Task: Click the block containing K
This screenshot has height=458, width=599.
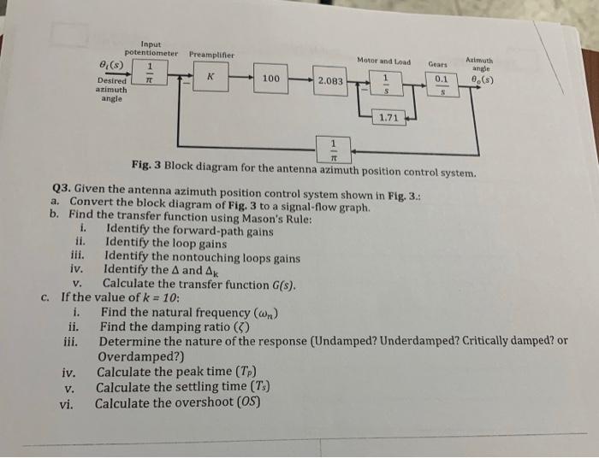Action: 209,79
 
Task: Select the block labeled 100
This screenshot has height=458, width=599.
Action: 270,79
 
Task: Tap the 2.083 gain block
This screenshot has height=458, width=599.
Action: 330,81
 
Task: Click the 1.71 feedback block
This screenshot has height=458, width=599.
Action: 388,119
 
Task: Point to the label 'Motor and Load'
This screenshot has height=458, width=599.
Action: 383,62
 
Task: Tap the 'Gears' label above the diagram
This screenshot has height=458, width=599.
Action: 437,63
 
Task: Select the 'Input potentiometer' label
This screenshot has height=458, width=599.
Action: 150,50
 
